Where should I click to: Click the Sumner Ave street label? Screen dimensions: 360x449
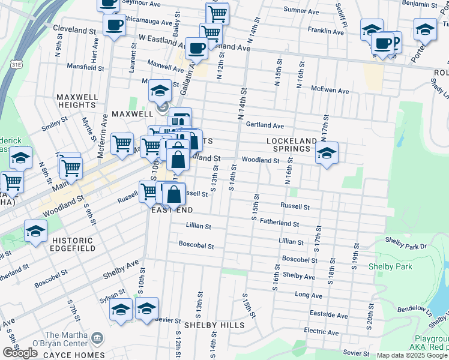point(301,10)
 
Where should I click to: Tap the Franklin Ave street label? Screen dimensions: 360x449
point(325,31)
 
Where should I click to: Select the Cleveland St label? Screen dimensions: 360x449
point(74,28)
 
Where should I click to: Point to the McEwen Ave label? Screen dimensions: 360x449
point(330,91)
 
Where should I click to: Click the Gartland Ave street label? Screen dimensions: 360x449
point(265,125)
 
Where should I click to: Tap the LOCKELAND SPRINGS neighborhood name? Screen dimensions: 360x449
point(291,145)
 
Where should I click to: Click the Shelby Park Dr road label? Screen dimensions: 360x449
point(406,246)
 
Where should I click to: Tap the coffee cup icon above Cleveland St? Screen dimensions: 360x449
point(113,25)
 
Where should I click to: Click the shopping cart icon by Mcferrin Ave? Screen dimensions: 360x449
point(122,143)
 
